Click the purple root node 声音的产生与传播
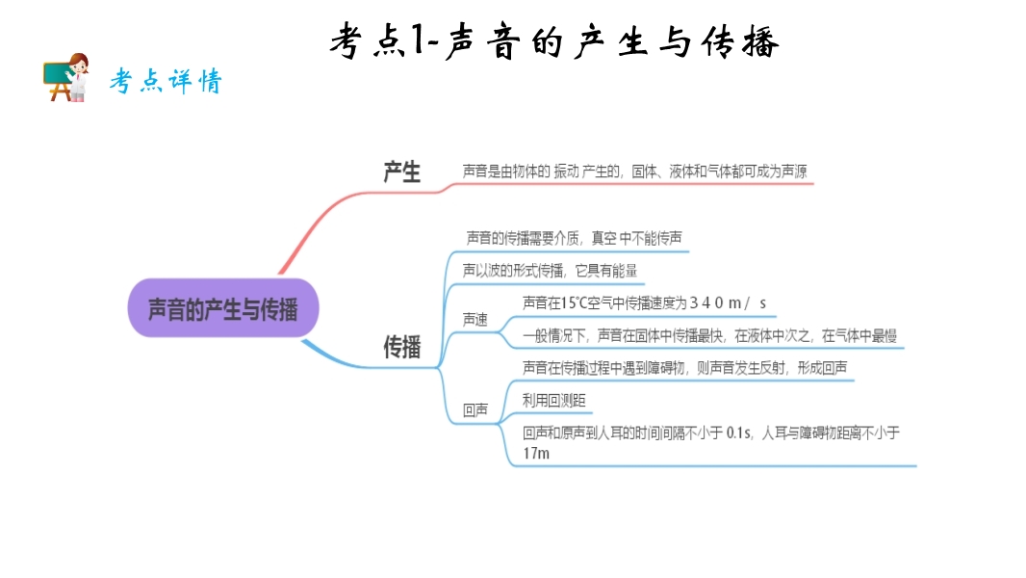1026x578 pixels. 222,308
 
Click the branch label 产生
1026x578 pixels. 402,172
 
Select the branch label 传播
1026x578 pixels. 402,347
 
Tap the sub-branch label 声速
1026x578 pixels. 475,319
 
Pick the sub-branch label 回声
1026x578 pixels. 475,410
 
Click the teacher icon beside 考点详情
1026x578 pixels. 66,77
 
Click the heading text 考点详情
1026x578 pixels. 165,82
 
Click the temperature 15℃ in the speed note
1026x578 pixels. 574,302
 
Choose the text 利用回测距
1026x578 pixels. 554,399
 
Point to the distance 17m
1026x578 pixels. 536,453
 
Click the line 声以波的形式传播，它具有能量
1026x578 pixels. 551,270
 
